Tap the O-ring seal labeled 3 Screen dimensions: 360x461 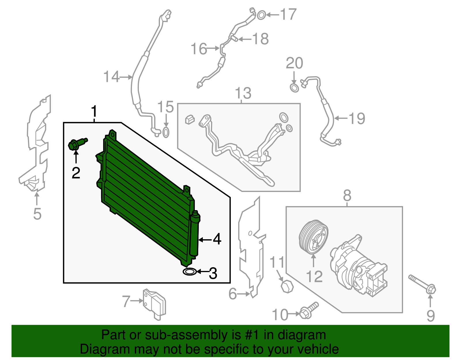click(190, 272)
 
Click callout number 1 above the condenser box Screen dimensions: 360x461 click(94, 112)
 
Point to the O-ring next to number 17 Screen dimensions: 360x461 click(261, 15)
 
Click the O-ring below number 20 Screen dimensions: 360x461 click(294, 88)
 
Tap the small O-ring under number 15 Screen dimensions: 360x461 click(166, 133)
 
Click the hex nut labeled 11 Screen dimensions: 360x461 click(287, 287)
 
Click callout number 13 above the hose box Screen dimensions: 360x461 click(243, 93)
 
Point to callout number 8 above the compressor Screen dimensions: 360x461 click(347, 196)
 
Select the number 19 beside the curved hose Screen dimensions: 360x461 click(357, 118)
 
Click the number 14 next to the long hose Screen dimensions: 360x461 click(111, 77)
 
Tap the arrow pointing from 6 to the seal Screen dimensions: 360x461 click(244, 294)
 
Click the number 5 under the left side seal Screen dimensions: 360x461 click(37, 214)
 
